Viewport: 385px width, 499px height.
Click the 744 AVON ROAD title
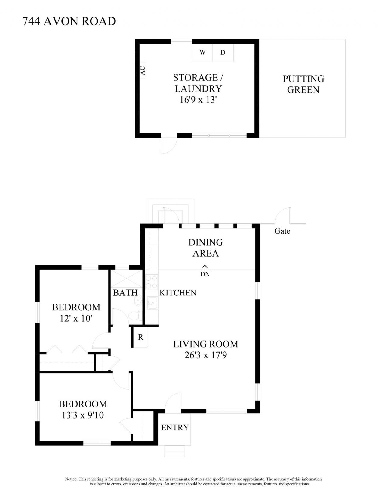[69, 21]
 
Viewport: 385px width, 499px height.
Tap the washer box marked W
[202, 52]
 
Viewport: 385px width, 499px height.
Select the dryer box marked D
[223, 52]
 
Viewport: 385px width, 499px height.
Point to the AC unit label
[143, 70]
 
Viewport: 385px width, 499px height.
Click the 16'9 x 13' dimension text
[198, 100]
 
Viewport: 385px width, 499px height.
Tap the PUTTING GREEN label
[303, 84]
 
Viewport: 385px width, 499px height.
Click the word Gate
[282, 231]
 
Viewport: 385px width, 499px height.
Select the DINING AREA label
[206, 248]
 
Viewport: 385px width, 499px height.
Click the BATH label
[125, 293]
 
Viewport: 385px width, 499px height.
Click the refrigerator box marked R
[140, 337]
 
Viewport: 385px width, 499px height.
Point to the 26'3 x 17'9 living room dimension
[206, 355]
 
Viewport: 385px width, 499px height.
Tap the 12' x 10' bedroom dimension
[76, 318]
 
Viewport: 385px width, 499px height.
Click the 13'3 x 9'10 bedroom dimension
[83, 415]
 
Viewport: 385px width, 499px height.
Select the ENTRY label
[175, 427]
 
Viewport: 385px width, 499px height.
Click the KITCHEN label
[178, 293]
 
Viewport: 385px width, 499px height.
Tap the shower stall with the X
[126, 278]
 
